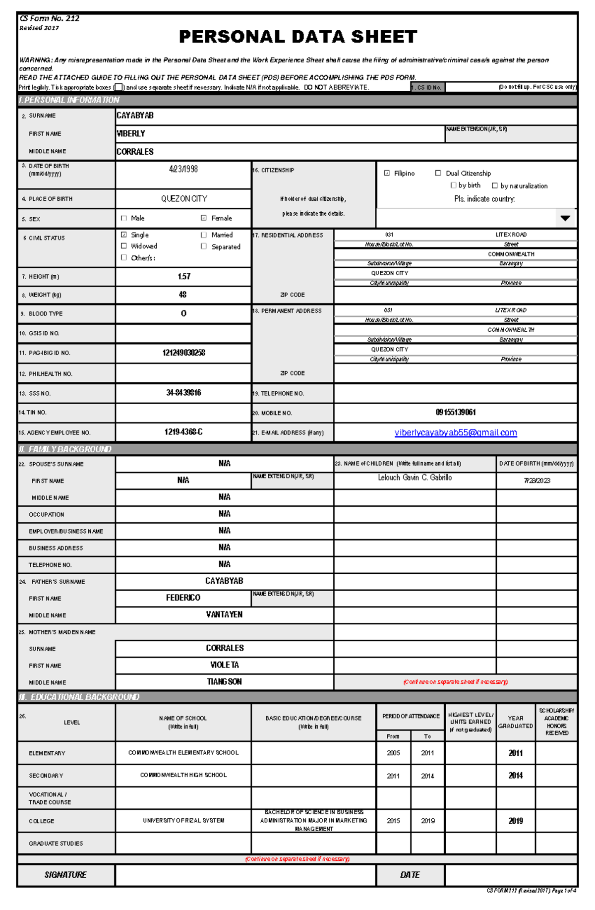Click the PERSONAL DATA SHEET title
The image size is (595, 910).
(x=297, y=37)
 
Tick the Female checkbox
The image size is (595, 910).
(x=203, y=218)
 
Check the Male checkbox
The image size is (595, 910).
(x=124, y=218)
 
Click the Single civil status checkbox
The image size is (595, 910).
(x=124, y=235)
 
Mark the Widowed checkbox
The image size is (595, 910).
(x=124, y=246)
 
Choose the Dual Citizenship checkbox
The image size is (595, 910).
(x=438, y=173)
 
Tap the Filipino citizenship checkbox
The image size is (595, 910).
(x=387, y=173)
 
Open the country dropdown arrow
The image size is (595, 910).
(x=565, y=218)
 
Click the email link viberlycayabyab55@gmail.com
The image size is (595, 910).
(x=455, y=432)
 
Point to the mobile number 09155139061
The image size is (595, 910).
(x=455, y=413)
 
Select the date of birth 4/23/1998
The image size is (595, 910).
(x=183, y=169)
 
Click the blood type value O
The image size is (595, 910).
(x=183, y=313)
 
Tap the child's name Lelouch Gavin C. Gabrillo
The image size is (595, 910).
(x=415, y=478)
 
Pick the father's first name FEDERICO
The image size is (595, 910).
(x=183, y=598)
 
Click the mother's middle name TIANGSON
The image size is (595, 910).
(x=224, y=682)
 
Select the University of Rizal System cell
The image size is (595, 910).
(x=183, y=821)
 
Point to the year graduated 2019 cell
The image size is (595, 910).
(x=515, y=821)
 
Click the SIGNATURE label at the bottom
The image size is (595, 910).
(x=65, y=875)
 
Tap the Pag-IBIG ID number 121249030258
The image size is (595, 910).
(x=183, y=353)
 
